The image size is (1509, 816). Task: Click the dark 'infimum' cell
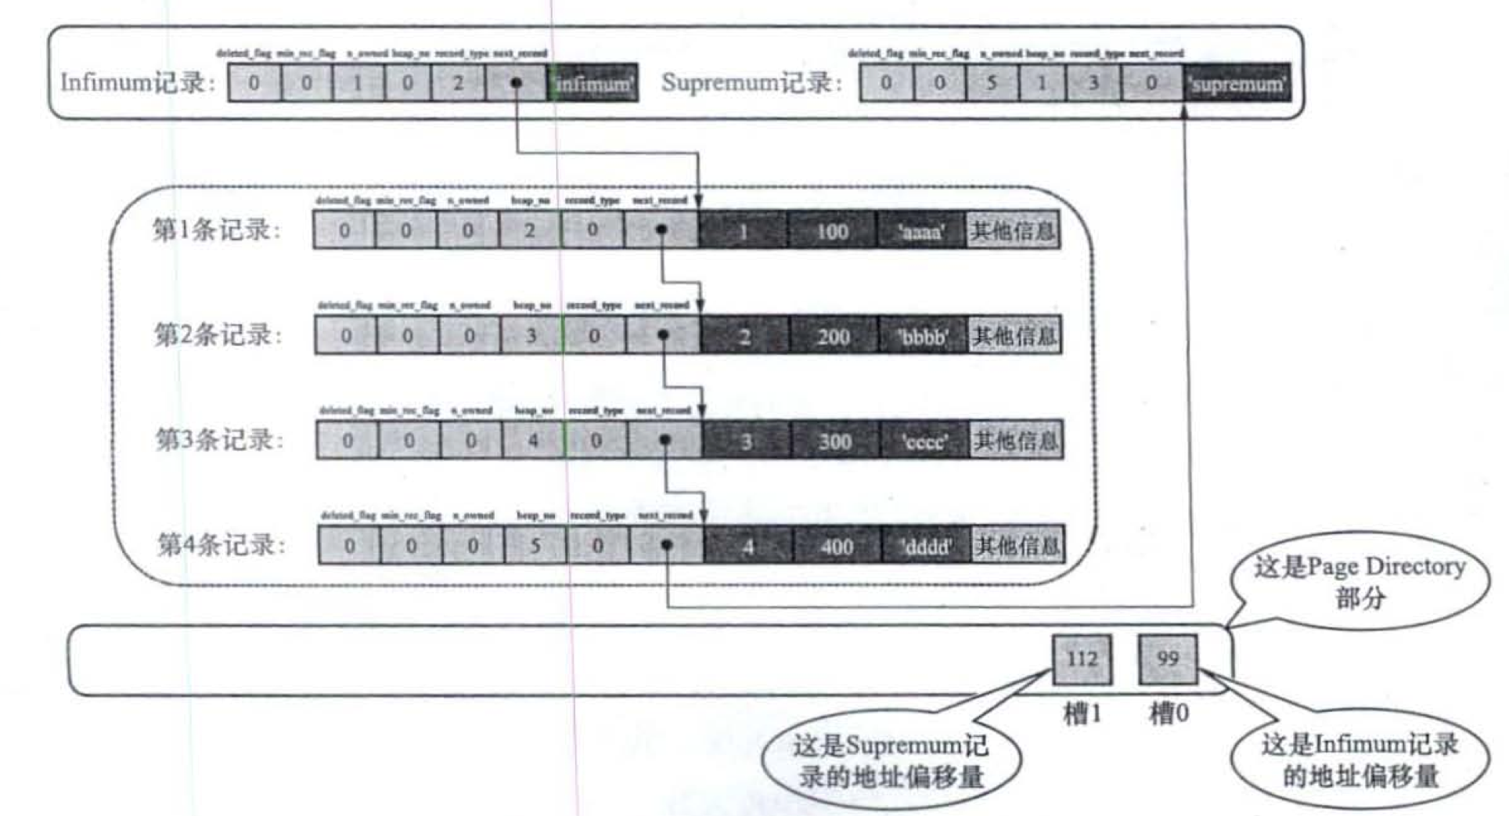tap(592, 83)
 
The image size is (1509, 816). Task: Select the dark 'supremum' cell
tap(1237, 83)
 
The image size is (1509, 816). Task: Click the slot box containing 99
tap(1168, 659)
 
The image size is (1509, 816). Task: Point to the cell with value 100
tap(832, 231)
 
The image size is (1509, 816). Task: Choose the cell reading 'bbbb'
tap(924, 337)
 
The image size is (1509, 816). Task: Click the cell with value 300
tap(835, 441)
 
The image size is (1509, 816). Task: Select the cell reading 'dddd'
tap(927, 546)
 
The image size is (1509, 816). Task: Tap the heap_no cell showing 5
tap(535, 546)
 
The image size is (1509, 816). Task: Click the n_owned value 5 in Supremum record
tap(992, 83)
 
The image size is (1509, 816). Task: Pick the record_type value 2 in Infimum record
tap(458, 83)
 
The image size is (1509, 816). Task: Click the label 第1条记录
tap(216, 230)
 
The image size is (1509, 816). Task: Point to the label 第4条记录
tap(221, 544)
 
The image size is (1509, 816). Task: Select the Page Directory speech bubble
tap(1360, 582)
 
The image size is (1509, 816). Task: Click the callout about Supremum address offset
tap(891, 760)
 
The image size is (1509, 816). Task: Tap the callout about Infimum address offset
tap(1360, 760)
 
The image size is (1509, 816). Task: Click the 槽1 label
tap(1082, 713)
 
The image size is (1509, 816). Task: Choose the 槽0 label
tap(1169, 713)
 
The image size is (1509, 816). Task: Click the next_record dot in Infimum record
tap(516, 83)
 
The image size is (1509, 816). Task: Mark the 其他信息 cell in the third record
tap(1015, 441)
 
